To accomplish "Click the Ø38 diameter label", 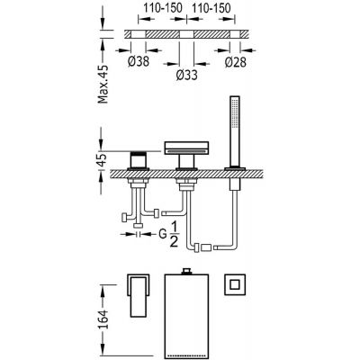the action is pyautogui.click(x=139, y=62).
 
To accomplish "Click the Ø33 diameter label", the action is pyautogui.click(x=187, y=75).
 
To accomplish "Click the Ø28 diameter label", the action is pyautogui.click(x=236, y=62).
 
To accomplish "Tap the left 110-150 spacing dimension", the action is pyautogui.click(x=163, y=8).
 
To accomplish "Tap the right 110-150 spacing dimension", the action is pyautogui.click(x=211, y=8).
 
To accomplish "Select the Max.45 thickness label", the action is pyautogui.click(x=103, y=84).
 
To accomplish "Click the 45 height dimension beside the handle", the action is pyautogui.click(x=103, y=160).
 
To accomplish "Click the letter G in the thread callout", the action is pyautogui.click(x=162, y=234).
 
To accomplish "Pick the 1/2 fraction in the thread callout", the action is pyautogui.click(x=174, y=234).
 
